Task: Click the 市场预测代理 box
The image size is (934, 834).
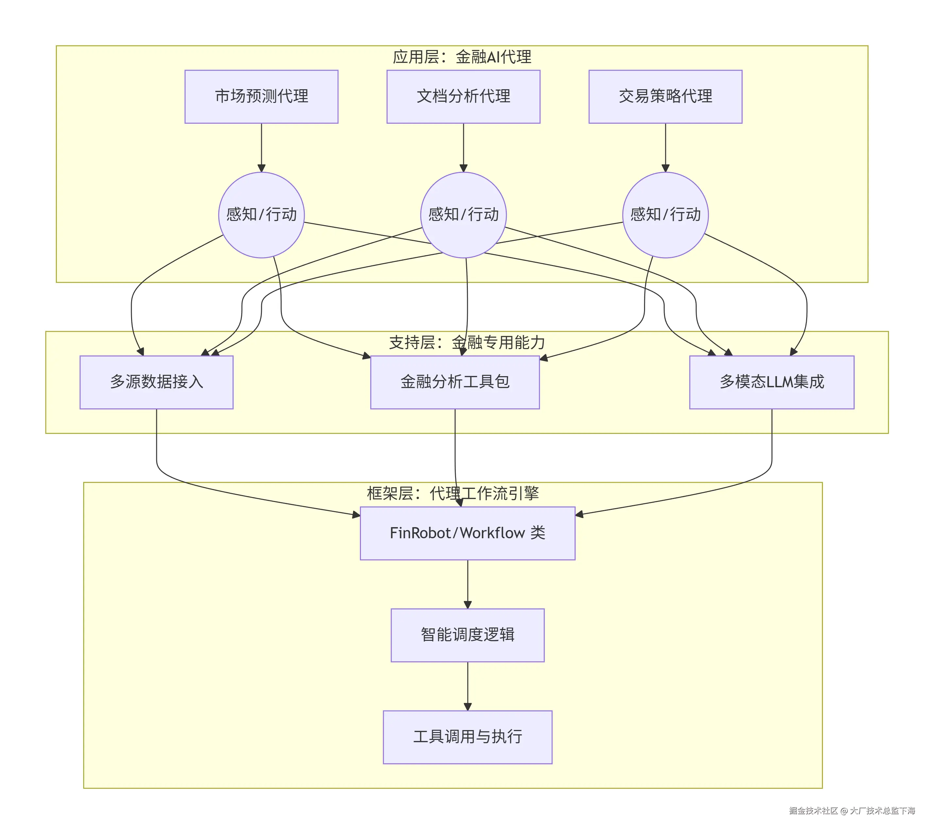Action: [x=261, y=97]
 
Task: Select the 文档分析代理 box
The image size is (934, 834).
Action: [x=463, y=97]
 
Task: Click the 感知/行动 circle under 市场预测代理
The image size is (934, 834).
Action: [x=261, y=215]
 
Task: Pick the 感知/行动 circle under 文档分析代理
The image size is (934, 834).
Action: [x=463, y=215]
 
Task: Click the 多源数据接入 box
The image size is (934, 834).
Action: [x=156, y=382]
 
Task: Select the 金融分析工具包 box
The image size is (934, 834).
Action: [x=455, y=382]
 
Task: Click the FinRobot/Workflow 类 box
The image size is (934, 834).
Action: [x=467, y=533]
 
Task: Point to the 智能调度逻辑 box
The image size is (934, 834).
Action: [x=467, y=635]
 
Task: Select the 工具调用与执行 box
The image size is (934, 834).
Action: [x=467, y=737]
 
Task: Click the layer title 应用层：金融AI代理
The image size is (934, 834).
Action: [x=462, y=57]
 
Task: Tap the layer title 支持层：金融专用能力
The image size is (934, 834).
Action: [x=467, y=342]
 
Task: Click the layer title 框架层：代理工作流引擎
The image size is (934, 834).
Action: [x=453, y=493]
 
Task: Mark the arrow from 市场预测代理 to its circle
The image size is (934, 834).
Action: [x=261, y=148]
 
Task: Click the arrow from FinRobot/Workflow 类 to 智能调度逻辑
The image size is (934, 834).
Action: [x=467, y=584]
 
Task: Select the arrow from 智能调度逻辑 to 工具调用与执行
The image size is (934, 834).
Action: [x=467, y=686]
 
